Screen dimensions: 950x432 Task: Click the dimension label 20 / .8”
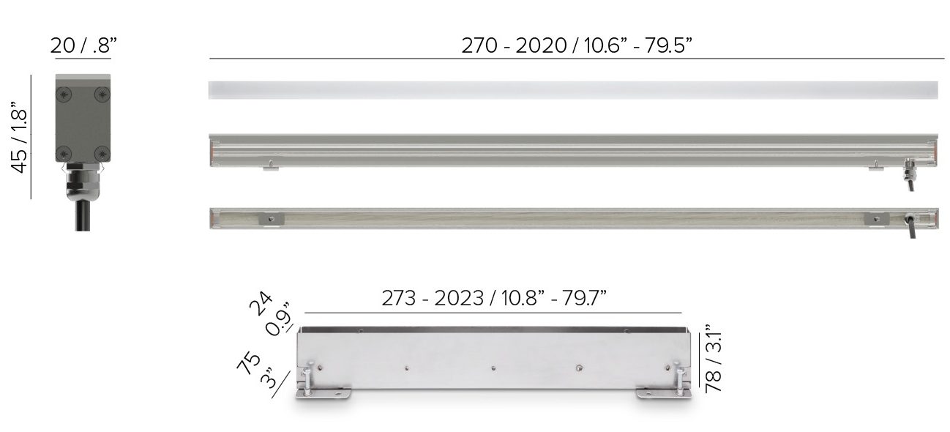click(x=83, y=45)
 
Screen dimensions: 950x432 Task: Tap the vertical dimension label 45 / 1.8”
click(x=20, y=137)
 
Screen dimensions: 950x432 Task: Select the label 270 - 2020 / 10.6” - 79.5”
click(x=576, y=45)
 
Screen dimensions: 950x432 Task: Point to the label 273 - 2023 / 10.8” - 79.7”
click(x=494, y=298)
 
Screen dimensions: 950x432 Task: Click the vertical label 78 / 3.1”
click(x=713, y=359)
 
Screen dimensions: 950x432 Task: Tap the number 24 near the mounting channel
click(x=261, y=303)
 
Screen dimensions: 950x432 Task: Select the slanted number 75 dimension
click(x=249, y=363)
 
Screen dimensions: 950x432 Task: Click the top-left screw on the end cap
click(x=64, y=94)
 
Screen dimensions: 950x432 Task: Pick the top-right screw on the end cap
click(x=102, y=94)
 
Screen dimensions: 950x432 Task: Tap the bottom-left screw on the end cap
click(x=64, y=153)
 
